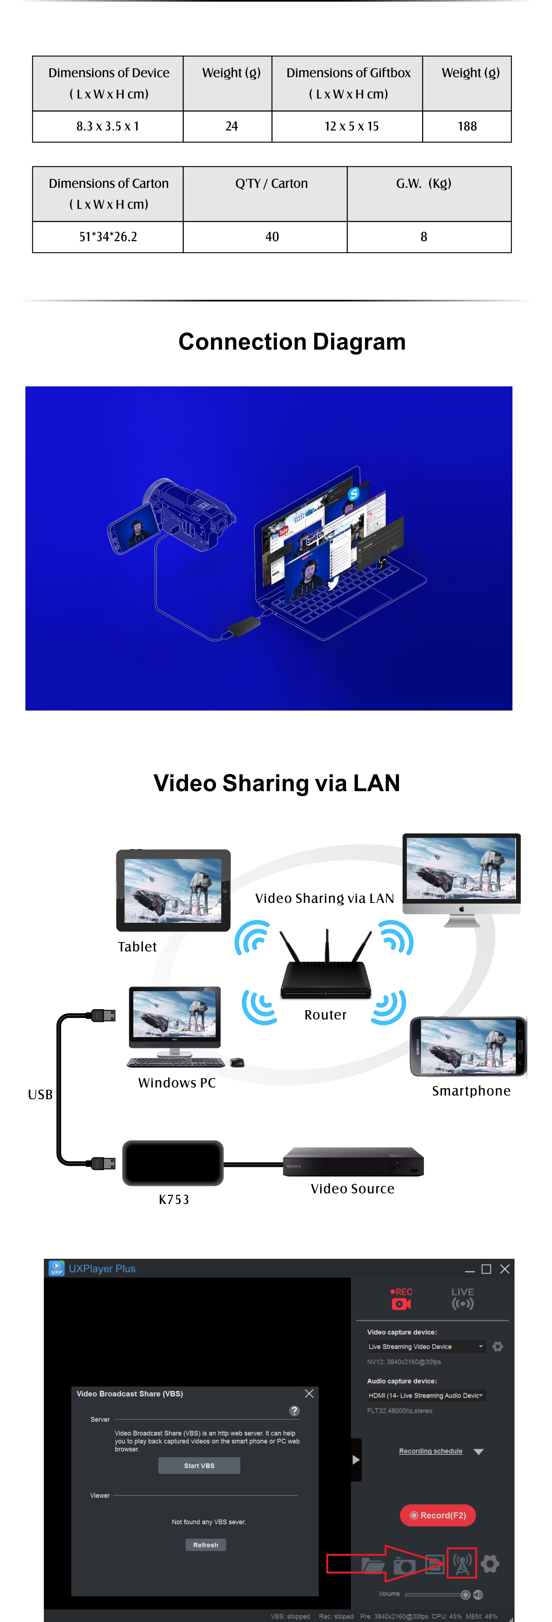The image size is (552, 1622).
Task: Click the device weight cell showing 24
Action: coord(231,126)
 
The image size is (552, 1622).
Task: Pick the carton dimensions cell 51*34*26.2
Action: coord(108,237)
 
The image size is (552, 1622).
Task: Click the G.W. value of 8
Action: coord(424,237)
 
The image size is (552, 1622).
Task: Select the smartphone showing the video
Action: coord(468,1047)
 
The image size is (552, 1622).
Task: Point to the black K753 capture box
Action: coord(173,1163)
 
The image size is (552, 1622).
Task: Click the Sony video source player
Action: coord(353,1162)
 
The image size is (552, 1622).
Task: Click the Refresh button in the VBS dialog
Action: coord(205,1544)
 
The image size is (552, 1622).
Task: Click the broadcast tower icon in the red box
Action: coord(462,1564)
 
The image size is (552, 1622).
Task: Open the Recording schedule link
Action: coord(431,1451)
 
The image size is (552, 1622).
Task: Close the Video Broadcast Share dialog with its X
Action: coord(309,1393)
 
